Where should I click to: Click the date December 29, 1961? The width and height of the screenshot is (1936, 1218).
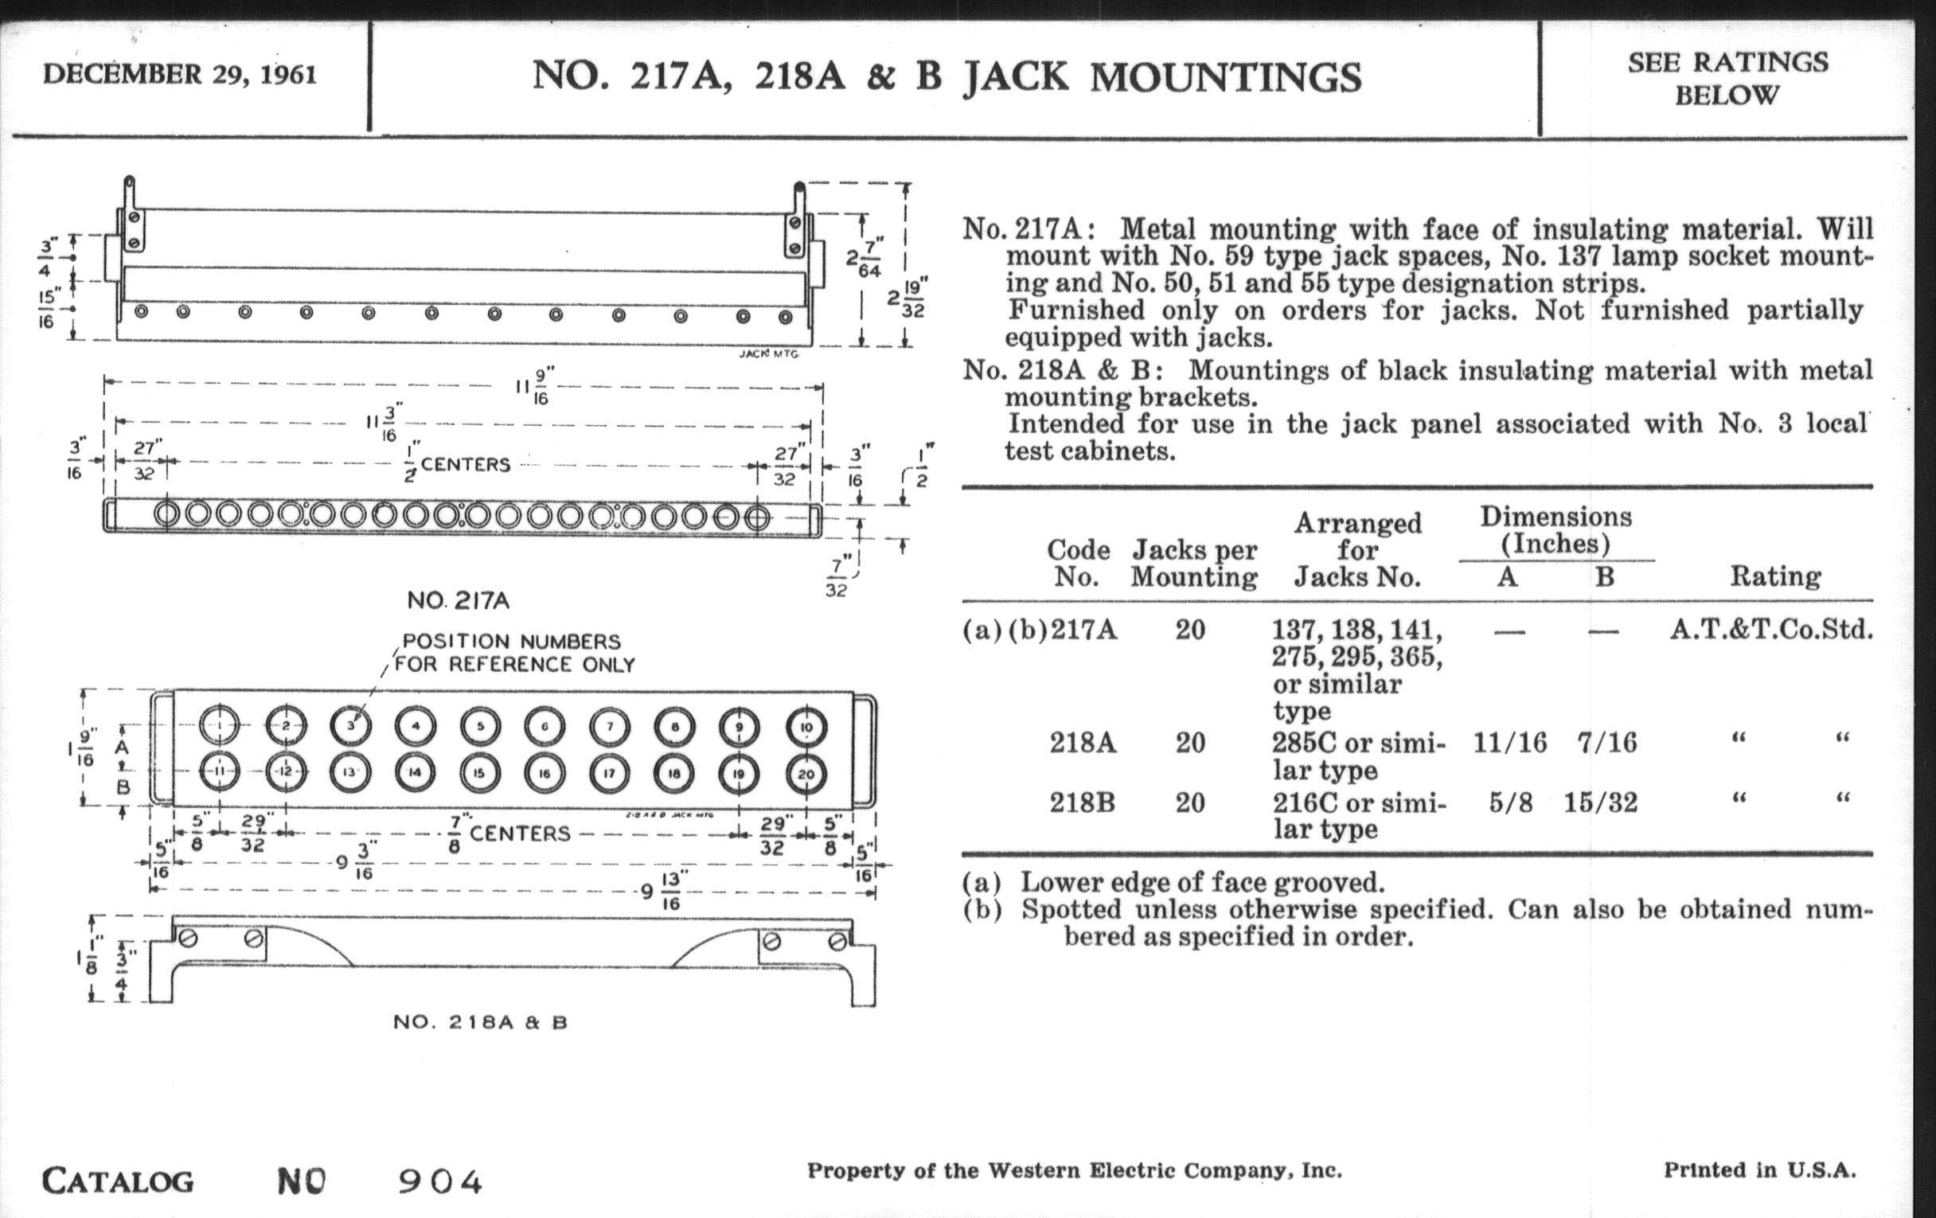179,75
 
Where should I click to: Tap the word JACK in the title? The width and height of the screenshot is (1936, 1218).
1016,78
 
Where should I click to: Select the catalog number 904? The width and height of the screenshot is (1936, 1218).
439,1182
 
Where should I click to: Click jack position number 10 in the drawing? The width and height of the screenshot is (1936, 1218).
806,727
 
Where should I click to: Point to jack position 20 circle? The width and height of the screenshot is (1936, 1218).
806,775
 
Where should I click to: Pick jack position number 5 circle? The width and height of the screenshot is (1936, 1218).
480,726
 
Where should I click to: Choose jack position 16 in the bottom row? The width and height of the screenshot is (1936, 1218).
544,774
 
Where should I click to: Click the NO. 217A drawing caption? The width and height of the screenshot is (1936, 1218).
459,600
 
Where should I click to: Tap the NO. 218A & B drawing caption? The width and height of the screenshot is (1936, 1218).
480,1023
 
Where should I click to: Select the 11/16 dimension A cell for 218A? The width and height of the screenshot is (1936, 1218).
1509,742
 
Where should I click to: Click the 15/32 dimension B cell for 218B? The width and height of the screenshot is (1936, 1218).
1600,803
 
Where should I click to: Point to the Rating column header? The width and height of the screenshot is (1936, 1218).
1775,576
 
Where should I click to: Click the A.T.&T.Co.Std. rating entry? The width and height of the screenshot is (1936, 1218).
1772,630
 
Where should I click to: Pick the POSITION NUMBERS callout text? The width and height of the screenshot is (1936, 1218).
511,642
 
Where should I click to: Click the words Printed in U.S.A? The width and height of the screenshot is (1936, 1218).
1760,1170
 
